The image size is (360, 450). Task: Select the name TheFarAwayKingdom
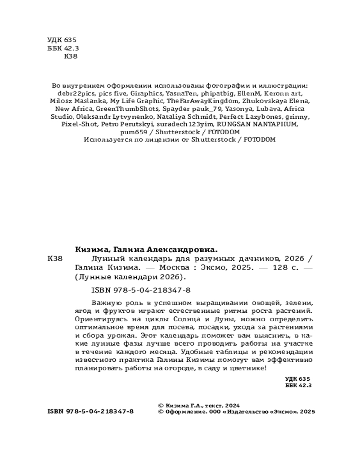(x=200, y=101)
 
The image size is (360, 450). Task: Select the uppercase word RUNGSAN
(x=234, y=124)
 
